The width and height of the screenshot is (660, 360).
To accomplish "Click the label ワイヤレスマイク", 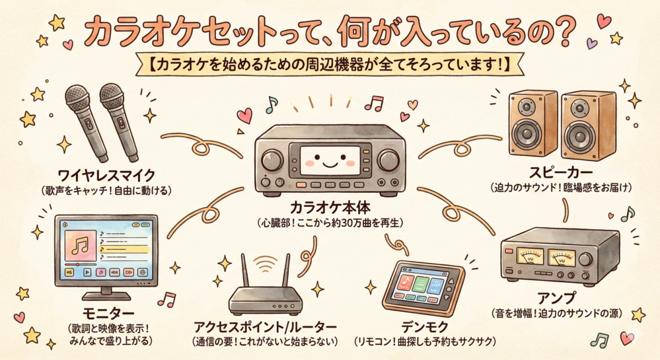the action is point(106,174).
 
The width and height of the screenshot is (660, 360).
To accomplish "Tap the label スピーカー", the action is point(561,172).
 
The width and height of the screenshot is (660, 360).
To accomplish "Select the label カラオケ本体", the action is point(330,207).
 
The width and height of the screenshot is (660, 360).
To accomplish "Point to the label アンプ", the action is point(556,298).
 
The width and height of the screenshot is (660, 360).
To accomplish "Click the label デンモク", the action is point(424,327).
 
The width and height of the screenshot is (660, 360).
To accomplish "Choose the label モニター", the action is point(108,313).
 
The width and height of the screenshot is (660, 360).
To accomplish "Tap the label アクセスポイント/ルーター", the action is point(265,327).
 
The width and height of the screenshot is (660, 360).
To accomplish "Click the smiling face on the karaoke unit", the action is point(330,161).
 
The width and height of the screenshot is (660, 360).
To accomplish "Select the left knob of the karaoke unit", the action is point(272,161).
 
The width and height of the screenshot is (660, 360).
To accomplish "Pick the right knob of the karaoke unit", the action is point(388,161).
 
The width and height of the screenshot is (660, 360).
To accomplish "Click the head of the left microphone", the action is point(77,96).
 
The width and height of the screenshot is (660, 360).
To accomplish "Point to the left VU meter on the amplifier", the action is point(529,256).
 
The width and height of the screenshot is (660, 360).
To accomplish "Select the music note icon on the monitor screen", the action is point(79,246).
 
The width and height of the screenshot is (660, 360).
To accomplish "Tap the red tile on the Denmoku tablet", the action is point(406,281).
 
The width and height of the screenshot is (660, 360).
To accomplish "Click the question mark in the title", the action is point(562,32).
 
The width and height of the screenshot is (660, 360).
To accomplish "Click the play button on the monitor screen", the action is point(87,272).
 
